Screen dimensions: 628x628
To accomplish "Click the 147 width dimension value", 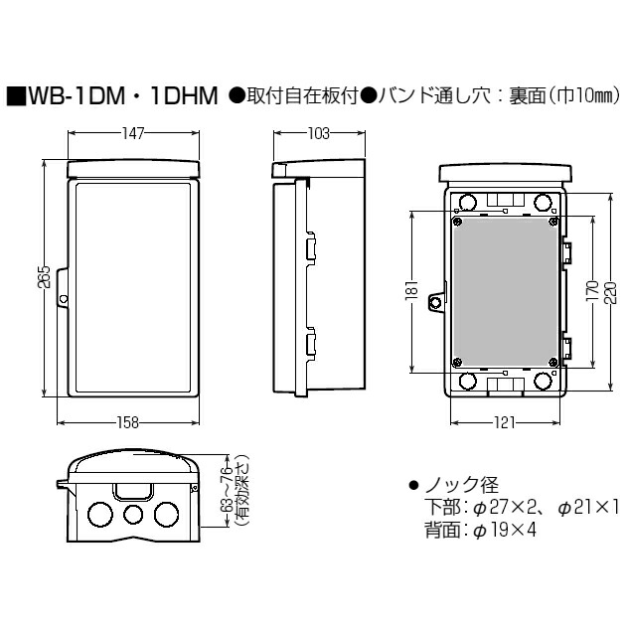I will pyautogui.click(x=130, y=135).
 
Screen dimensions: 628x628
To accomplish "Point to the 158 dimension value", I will pyautogui.click(x=127, y=422).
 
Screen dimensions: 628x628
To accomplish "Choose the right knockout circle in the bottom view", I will pyautogui.click(x=165, y=515).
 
